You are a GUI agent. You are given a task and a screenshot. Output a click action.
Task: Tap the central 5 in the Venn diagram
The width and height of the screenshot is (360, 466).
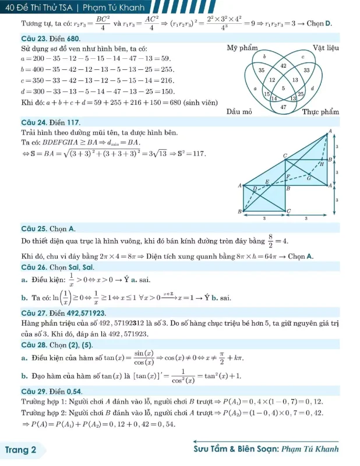click(x=283, y=87)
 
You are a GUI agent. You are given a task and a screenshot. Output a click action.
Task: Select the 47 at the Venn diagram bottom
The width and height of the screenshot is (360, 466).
click(x=283, y=107)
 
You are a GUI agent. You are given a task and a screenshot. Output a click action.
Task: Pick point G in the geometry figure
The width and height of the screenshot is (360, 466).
click(x=309, y=178)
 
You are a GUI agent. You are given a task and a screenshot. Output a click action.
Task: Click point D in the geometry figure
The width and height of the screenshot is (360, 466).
click(x=254, y=188)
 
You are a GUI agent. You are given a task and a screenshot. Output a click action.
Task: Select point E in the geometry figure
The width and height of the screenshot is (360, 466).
click(x=267, y=182)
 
